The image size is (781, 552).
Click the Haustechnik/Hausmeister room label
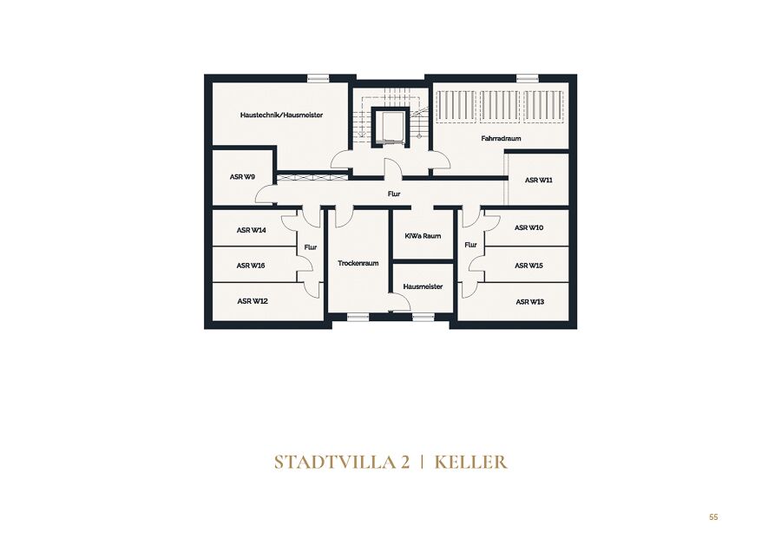coord(281,115)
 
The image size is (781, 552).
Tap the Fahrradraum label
coord(501,139)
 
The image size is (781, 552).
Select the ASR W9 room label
coord(243,177)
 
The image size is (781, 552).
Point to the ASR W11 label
coord(538,180)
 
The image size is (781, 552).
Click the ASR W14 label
coord(252,230)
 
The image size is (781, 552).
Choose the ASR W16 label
coord(251,266)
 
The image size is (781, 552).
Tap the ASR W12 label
coord(253,301)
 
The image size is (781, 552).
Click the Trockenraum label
coord(358,263)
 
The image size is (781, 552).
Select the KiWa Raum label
coord(423,236)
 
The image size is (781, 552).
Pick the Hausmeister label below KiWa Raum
coord(423,286)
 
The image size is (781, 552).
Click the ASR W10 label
coord(529,227)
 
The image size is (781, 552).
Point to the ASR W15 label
coord(528,266)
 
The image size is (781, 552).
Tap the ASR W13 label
coord(530,301)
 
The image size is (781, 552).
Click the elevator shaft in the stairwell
coord(390,127)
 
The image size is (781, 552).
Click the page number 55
coord(714,517)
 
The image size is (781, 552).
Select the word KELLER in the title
coord(470,463)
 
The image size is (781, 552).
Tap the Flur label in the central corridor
coord(394,194)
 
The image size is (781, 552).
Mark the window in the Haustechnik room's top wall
coord(318,78)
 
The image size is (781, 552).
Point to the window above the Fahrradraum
coord(527,78)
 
